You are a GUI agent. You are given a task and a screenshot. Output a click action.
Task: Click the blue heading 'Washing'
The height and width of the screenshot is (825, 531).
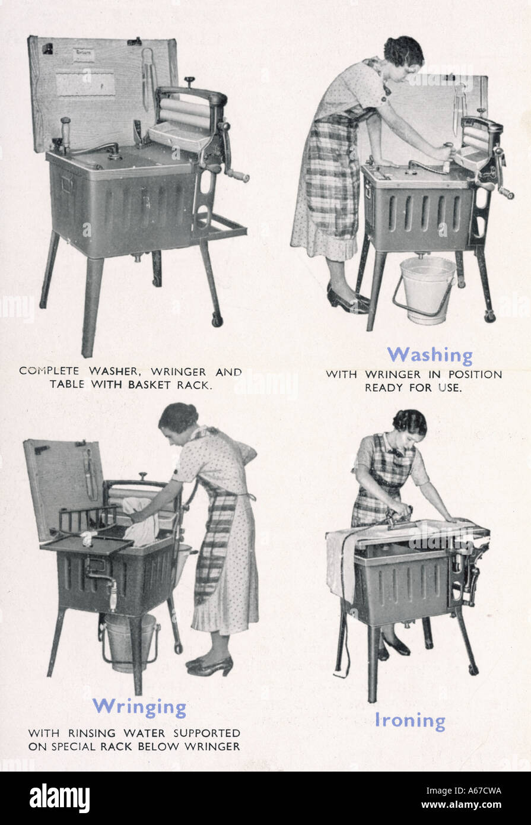pos(430,355)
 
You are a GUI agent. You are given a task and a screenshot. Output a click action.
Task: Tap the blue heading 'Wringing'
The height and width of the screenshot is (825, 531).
pos(139,707)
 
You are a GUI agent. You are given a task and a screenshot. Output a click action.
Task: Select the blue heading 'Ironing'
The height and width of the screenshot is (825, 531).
pos(409,721)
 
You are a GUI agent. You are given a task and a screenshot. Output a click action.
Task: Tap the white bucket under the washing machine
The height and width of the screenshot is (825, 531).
pos(427,290)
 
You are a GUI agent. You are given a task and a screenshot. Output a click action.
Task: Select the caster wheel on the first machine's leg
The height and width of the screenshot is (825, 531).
pos(217,320)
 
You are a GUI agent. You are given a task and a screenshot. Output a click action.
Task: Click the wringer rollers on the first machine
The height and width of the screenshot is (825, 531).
pos(185,114)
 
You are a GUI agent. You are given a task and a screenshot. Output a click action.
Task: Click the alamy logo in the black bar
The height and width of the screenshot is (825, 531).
pos(59,798)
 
